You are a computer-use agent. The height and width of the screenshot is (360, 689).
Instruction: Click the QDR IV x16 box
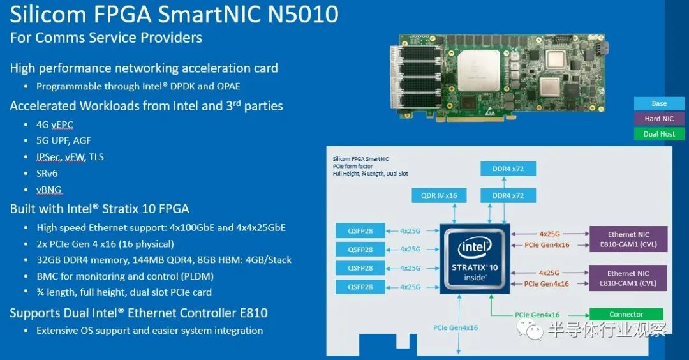click(438, 195)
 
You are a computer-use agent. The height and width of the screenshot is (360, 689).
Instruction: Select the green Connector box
click(626, 314)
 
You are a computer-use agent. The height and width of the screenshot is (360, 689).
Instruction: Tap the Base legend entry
click(659, 103)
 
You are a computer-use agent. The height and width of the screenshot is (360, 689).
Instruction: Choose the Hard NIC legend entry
click(659, 119)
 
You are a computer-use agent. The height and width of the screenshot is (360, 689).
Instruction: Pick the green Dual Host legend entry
click(659, 133)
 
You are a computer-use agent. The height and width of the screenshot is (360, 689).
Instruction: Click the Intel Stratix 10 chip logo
click(475, 259)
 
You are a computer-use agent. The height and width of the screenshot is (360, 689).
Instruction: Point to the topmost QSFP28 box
click(360, 231)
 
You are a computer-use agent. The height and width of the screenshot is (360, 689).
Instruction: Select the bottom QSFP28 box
click(360, 287)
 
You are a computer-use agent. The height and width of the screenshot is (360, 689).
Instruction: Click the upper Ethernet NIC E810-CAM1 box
click(628, 239)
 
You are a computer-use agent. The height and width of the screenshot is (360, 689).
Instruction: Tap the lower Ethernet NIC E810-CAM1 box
click(628, 278)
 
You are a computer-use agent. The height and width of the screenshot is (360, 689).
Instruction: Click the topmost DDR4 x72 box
click(508, 169)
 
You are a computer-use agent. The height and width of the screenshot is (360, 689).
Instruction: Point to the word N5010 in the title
click(303, 14)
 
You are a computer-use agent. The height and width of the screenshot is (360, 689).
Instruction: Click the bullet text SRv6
click(47, 173)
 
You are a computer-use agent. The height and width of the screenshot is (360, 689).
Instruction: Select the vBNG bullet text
click(48, 190)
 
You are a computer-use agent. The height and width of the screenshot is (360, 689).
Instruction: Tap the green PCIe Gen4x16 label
click(537, 315)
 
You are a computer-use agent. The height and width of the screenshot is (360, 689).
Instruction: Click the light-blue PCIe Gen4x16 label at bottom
click(456, 327)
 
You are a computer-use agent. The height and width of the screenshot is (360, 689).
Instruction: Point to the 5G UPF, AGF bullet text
click(64, 140)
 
